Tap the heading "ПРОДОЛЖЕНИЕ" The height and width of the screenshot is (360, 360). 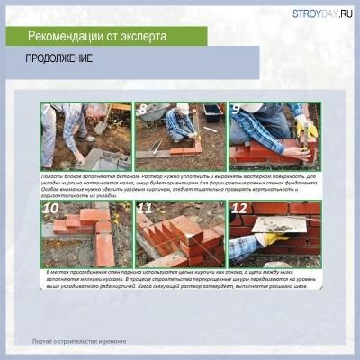[x=60, y=61]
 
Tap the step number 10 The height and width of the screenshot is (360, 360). [x=51, y=209]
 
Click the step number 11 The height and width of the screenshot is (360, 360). [x=145, y=209]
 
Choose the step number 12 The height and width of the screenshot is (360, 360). [x=239, y=209]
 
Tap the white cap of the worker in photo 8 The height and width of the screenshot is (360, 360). [x=183, y=108]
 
